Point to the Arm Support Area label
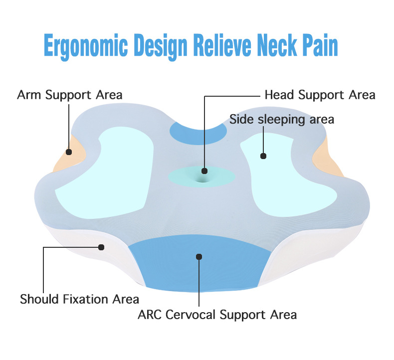pyautogui.click(x=70, y=95)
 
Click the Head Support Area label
pyautogui.click(x=320, y=95)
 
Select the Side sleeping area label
pyautogui.click(x=281, y=120)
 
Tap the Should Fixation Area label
pyautogui.click(x=79, y=299)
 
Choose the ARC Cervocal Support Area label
pyautogui.click(x=217, y=315)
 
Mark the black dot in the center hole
pyautogui.click(x=204, y=171)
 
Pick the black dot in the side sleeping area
pyautogui.click(x=263, y=156)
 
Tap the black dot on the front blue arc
pyautogui.click(x=199, y=257)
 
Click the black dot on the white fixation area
pyautogui.click(x=101, y=247)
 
